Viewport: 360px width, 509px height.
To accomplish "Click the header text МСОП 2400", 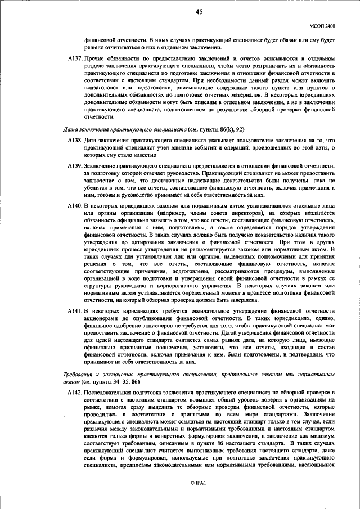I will coord(322,25).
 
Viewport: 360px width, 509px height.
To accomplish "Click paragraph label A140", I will coord(74,206).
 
